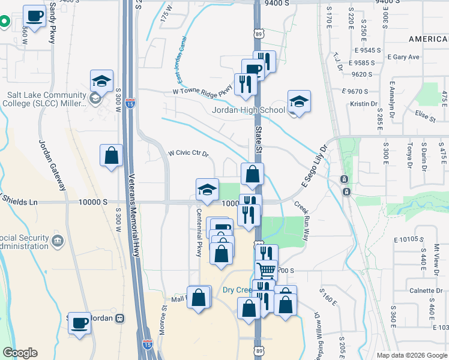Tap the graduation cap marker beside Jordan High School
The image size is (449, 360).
point(299,101)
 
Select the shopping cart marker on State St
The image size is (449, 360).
point(267,271)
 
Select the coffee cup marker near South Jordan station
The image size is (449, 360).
point(79,324)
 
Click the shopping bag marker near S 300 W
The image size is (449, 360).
point(112,155)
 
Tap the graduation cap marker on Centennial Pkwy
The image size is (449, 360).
point(207,190)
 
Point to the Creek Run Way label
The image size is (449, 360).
point(301,221)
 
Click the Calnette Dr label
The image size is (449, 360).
point(427,291)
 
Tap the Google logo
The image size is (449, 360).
point(20,353)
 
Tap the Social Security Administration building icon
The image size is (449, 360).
point(58,241)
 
